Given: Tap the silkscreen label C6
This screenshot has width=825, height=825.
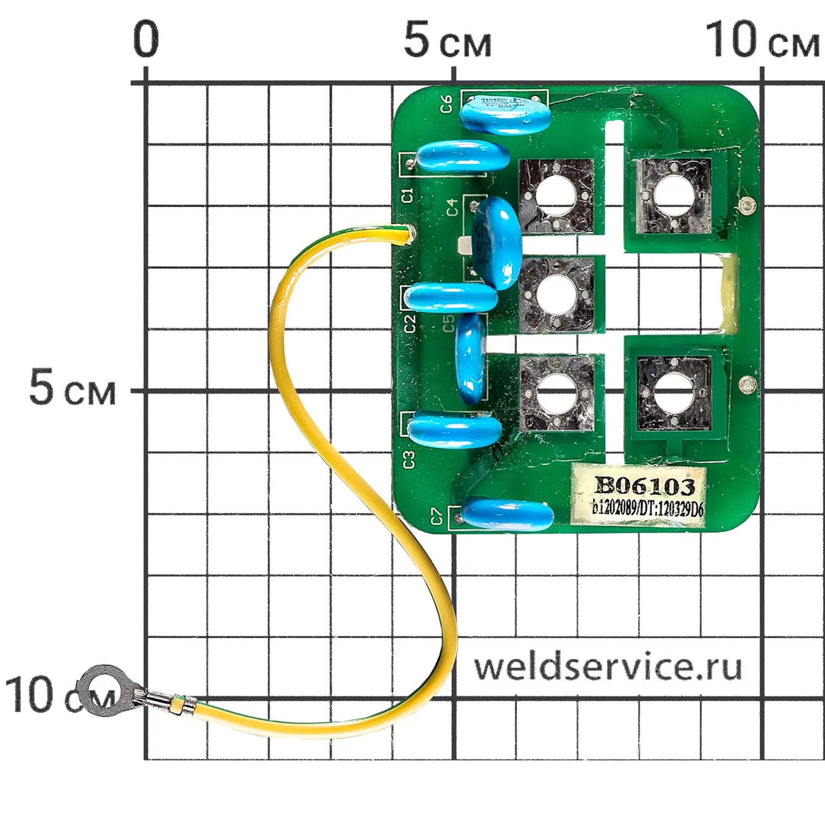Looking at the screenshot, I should tap(447, 104).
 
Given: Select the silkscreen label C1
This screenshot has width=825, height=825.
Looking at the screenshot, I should tap(408, 195).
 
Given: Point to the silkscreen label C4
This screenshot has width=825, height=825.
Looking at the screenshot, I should tap(452, 207).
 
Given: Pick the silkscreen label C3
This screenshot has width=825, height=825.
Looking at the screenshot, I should tap(409, 460).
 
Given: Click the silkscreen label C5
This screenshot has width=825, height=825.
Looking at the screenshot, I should tap(449, 323).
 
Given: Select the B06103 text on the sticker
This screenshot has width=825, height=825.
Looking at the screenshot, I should tap(645, 486).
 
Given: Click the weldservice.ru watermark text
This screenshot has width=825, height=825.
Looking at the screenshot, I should tap(608, 667).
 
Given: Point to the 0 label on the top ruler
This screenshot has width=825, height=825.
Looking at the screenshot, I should tap(146, 40).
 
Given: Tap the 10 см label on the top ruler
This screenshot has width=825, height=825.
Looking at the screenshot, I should tap(762, 41).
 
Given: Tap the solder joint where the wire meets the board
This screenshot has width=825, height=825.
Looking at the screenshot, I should tap(408, 234).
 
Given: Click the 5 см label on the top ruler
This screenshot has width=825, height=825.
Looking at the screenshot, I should tap(447, 41).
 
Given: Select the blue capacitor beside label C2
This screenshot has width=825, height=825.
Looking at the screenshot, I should tap(451, 298).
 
